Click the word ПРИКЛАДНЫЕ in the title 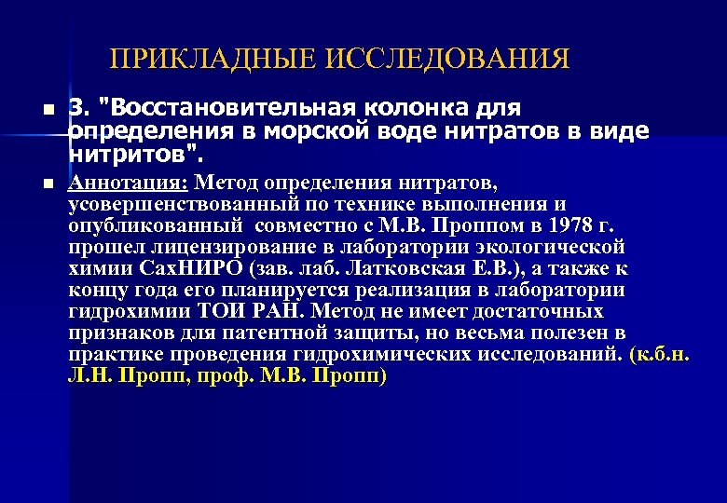[215, 60]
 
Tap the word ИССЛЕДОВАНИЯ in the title [448, 60]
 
